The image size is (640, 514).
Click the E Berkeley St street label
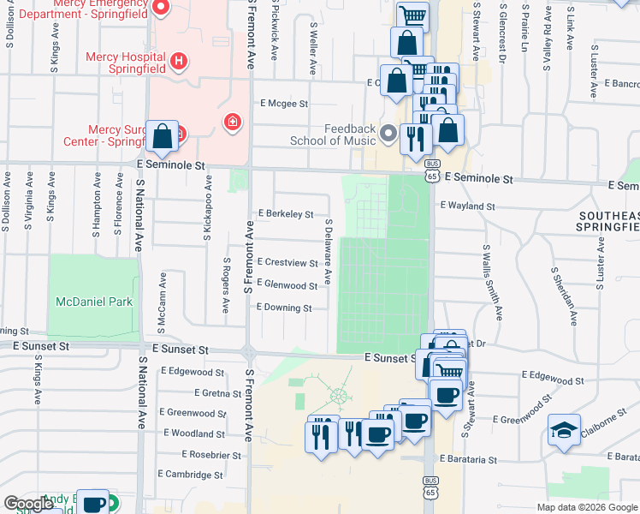286,214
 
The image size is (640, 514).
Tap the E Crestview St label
287,262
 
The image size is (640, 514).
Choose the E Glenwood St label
287,285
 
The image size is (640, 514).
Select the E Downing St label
284,308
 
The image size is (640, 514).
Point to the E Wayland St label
467,206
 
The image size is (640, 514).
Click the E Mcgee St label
284,104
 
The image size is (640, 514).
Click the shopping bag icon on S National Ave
162,135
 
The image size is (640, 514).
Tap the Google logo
28,504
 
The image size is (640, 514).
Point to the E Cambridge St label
190,475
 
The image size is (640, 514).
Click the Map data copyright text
587,507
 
